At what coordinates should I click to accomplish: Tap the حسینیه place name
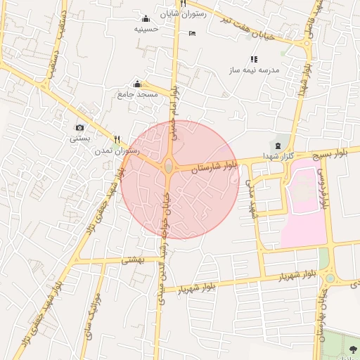pyautogui.click(x=146, y=30)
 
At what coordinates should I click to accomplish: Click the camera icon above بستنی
pyautogui.click(x=79, y=127)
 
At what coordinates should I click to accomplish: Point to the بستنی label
pyautogui.click(x=79, y=139)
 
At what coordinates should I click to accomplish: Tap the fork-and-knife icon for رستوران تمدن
pyautogui.click(x=117, y=139)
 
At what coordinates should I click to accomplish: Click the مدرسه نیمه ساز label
pyautogui.click(x=254, y=71)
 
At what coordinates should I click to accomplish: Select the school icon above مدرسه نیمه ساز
pyautogui.click(x=254, y=60)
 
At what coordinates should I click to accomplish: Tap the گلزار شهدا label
pyautogui.click(x=278, y=155)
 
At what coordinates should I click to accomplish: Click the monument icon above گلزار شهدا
pyautogui.click(x=278, y=145)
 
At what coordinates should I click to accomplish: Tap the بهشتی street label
pyautogui.click(x=132, y=259)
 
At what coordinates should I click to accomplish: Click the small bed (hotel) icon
pyautogui.click(x=192, y=33)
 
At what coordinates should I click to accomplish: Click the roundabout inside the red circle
pyautogui.click(x=169, y=167)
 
